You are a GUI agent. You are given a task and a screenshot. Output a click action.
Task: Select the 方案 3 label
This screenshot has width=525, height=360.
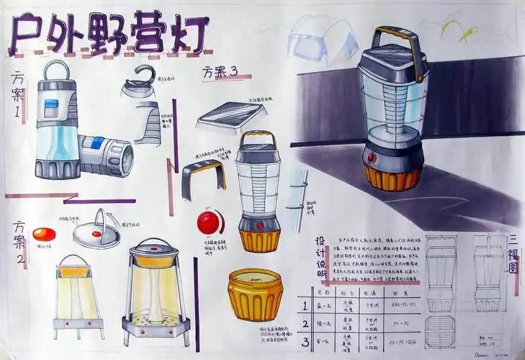(x=220, y=72)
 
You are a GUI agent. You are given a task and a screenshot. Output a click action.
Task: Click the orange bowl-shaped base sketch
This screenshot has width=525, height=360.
(x=254, y=294)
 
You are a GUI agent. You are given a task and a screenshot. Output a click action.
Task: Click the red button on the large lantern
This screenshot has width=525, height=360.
(x=372, y=156)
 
